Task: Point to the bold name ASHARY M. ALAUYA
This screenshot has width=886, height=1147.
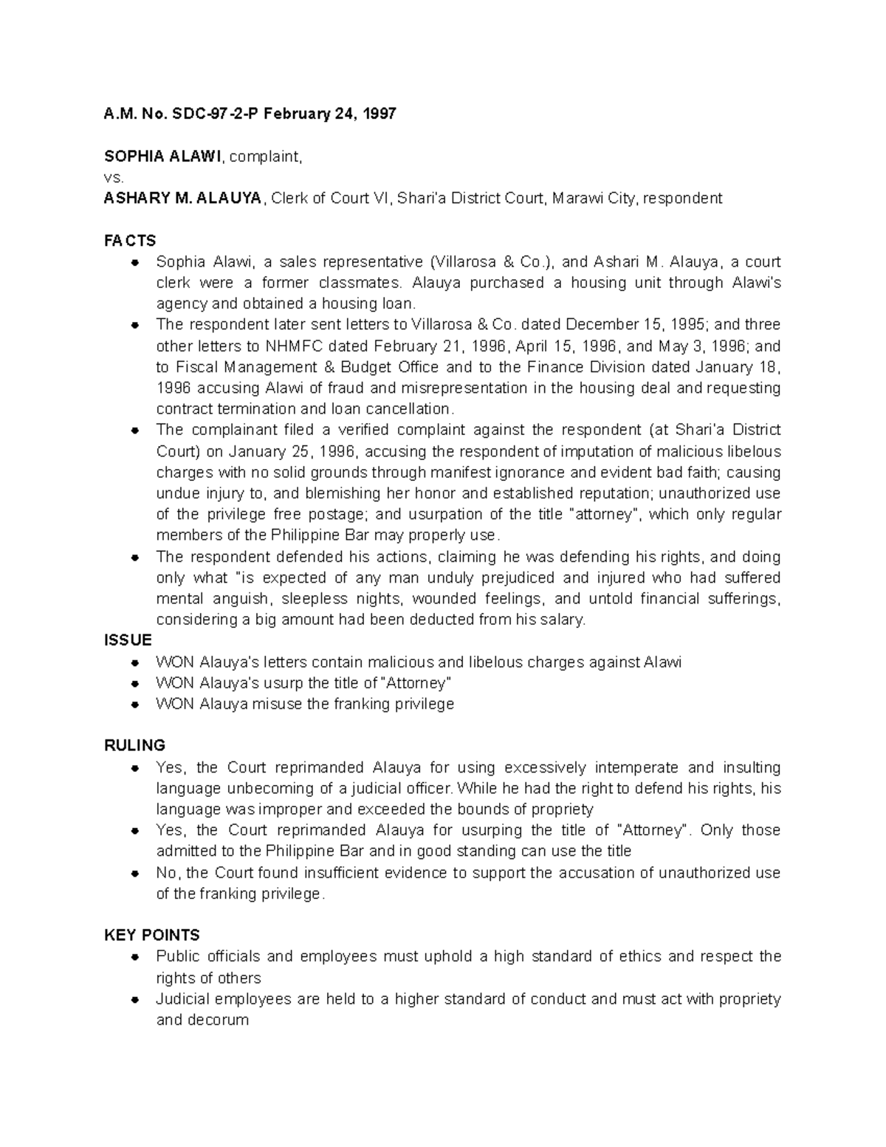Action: click(x=182, y=198)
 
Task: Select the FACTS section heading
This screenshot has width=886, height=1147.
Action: click(x=130, y=241)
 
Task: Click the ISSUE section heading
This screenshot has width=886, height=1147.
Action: click(x=128, y=640)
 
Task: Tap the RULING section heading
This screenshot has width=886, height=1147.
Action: click(x=134, y=744)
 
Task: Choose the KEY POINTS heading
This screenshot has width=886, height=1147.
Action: click(x=152, y=935)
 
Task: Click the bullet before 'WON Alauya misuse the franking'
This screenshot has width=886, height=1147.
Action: click(x=134, y=705)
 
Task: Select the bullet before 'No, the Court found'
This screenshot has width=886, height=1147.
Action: click(x=134, y=873)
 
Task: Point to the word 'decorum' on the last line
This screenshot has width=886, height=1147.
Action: click(x=221, y=1020)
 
